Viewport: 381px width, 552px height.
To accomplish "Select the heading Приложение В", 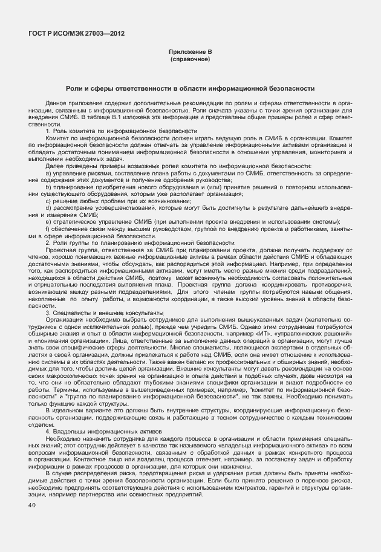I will point(190,53).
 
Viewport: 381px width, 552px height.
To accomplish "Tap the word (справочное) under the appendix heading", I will point(190,60).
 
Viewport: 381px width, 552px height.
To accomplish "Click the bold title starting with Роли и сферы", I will point(190,88).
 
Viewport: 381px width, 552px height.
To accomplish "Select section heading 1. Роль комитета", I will point(121,131).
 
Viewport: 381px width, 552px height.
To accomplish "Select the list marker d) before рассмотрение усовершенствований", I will point(48,207).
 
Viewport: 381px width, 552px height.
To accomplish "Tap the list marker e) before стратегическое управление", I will point(48,221).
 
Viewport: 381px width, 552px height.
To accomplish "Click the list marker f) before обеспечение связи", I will point(48,228).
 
